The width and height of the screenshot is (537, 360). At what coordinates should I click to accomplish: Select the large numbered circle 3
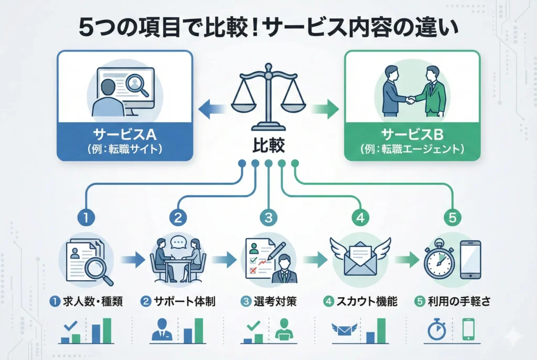(x=268, y=216)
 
